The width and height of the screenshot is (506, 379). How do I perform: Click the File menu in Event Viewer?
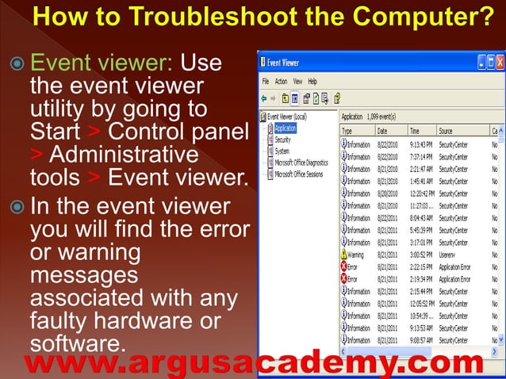pyautogui.click(x=266, y=81)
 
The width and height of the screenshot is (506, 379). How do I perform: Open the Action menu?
pyautogui.click(x=281, y=81)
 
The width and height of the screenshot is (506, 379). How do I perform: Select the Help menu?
pyautogui.click(x=312, y=81)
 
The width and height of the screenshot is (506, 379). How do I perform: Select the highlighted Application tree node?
pyautogui.click(x=286, y=128)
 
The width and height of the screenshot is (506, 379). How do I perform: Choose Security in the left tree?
pyautogui.click(x=282, y=140)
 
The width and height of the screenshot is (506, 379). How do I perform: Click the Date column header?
pyautogui.click(x=382, y=130)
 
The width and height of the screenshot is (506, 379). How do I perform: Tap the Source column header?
pyautogui.click(x=446, y=130)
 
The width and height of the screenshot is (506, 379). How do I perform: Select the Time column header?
pyautogui.click(x=414, y=130)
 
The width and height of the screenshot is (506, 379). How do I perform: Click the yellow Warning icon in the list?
pyautogui.click(x=344, y=255)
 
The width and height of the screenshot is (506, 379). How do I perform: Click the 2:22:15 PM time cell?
pyautogui.click(x=420, y=267)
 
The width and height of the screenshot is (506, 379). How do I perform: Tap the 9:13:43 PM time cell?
pyautogui.click(x=420, y=144)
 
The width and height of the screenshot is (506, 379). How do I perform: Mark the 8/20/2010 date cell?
pyautogui.click(x=388, y=193)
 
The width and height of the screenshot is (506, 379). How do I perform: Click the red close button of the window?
pyautogui.click(x=500, y=61)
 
